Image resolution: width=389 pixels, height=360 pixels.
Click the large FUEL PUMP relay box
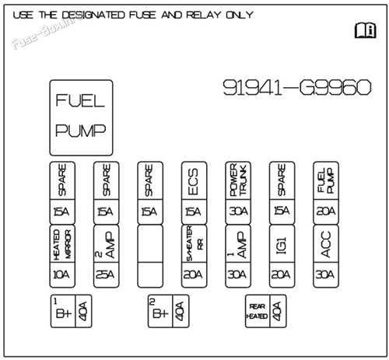click(81, 117)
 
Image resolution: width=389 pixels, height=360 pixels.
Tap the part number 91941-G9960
click(297, 88)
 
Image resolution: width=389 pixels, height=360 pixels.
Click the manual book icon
click(366, 30)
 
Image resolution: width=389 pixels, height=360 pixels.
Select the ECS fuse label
click(193, 181)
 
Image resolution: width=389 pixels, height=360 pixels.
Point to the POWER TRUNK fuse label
click(238, 180)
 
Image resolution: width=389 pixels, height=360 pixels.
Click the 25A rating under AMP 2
click(105, 274)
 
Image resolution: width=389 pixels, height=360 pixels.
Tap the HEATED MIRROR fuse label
click(62, 245)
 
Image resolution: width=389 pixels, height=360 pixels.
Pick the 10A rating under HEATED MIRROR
click(61, 274)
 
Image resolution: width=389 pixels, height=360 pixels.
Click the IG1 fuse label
click(282, 245)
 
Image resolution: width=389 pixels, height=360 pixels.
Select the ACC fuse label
click(326, 244)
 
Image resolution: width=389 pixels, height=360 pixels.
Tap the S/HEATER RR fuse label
click(194, 243)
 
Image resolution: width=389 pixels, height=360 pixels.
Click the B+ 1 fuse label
click(63, 310)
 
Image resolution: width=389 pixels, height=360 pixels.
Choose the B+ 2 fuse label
click(160, 310)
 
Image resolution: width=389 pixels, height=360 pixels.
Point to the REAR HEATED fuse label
click(257, 311)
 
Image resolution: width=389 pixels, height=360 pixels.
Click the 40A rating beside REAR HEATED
click(277, 311)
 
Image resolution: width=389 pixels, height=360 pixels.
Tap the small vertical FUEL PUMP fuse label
click(326, 180)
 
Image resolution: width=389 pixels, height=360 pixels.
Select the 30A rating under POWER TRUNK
click(238, 211)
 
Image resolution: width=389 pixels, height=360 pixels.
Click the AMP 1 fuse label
click(237, 245)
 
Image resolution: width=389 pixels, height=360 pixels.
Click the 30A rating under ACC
click(325, 274)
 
